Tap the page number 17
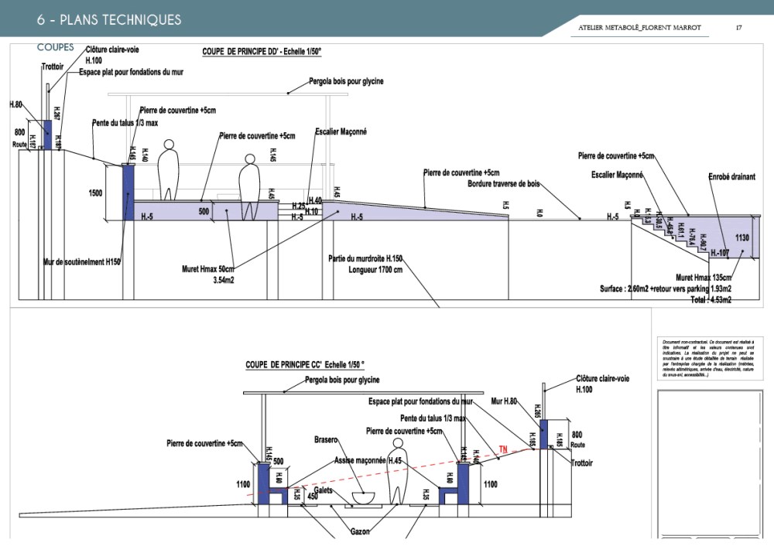click(739, 28)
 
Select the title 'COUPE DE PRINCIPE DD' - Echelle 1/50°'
click(262, 52)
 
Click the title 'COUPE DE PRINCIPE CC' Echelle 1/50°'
click(304, 365)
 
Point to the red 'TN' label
click(502, 449)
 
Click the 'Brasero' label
click(326, 440)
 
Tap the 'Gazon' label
click(358, 532)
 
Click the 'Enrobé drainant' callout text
click(731, 177)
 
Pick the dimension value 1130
click(742, 237)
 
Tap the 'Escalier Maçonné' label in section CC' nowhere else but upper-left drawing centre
click(341, 131)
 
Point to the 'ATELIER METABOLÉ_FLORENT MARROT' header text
click(639, 28)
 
